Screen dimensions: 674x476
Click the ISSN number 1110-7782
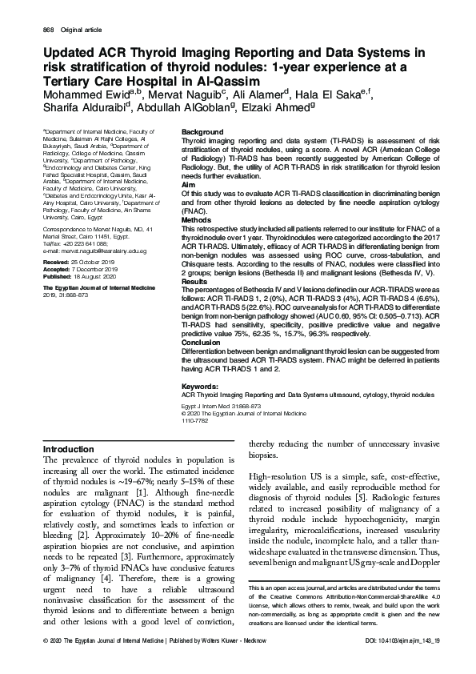[x=195, y=420]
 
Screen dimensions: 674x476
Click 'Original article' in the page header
[x=82, y=30]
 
